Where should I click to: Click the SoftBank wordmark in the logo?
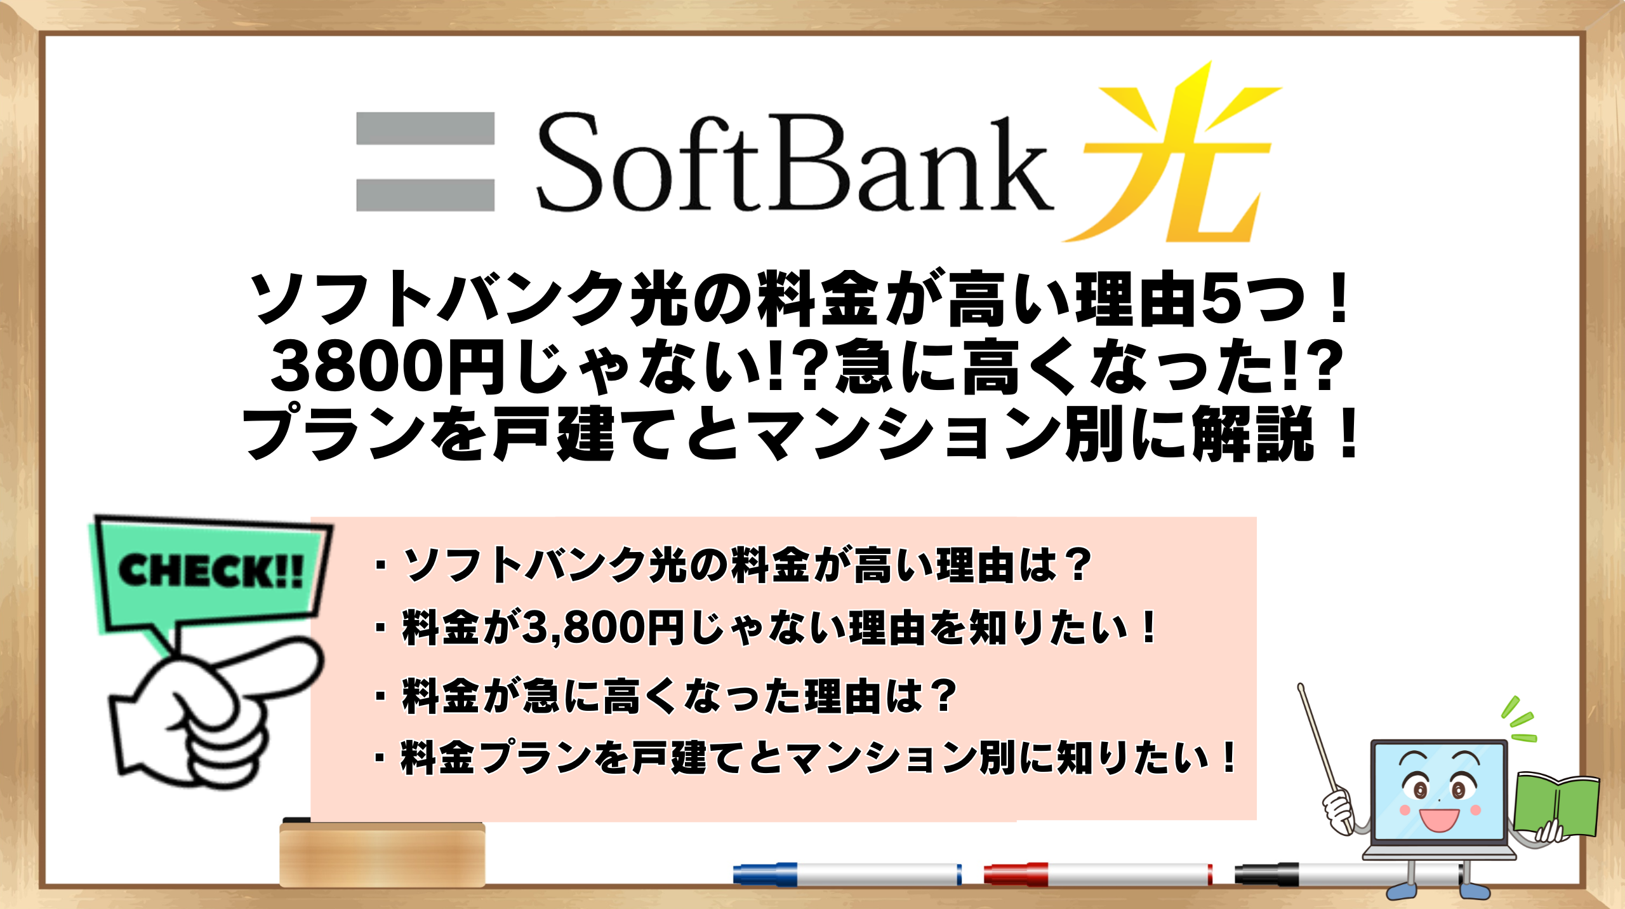pos(793,164)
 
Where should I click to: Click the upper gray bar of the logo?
pos(425,128)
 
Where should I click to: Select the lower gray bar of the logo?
pos(425,195)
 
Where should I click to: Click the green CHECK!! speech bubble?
pos(209,572)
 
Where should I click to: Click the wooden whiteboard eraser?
pos(382,854)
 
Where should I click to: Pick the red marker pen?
pos(1098,874)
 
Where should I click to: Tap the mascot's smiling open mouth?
pos(1439,819)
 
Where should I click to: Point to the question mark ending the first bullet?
pos(1076,565)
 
